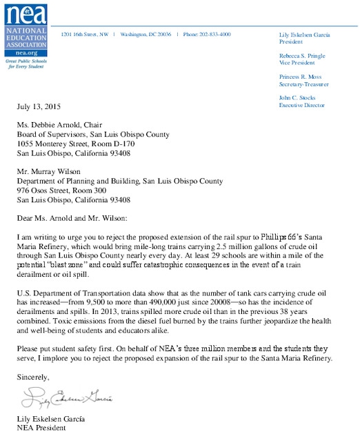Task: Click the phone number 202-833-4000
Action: [206, 34]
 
